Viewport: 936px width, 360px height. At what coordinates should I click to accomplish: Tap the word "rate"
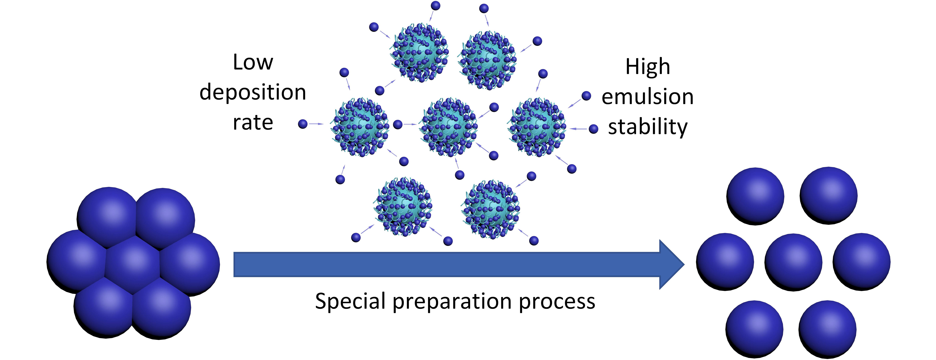click(x=253, y=123)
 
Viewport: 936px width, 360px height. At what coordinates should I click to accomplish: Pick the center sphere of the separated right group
click(x=793, y=262)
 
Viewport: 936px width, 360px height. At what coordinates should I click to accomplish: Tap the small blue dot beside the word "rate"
click(x=303, y=124)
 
